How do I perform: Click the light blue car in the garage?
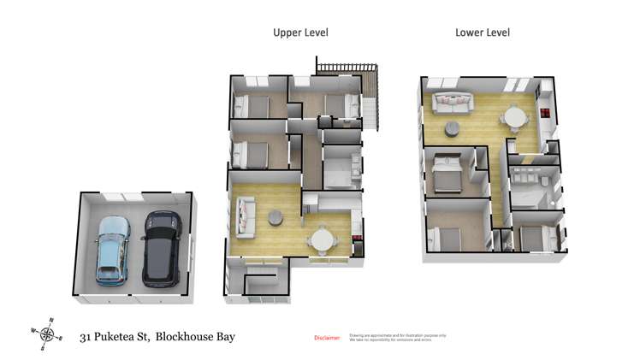112,250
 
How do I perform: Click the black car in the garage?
160,249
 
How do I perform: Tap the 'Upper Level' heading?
300,32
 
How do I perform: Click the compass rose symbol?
48,333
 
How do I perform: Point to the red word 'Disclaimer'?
328,338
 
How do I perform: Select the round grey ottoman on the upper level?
276,217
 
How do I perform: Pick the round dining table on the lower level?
514,116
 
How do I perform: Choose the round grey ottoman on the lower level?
452,129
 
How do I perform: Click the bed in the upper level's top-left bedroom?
251,106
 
